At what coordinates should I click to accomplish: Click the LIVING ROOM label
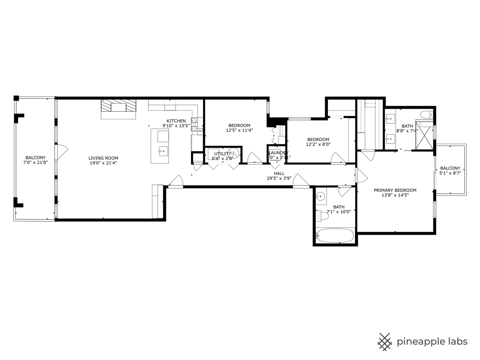pyautogui.click(x=103, y=158)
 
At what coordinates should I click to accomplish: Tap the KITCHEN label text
pyautogui.click(x=176, y=121)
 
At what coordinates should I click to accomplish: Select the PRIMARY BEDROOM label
pyautogui.click(x=395, y=190)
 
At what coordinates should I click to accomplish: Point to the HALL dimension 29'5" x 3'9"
pyautogui.click(x=279, y=178)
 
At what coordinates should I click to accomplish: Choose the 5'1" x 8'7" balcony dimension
pyautogui.click(x=450, y=173)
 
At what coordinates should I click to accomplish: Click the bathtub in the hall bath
pyautogui.click(x=335, y=236)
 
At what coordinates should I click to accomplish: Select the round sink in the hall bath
pyautogui.click(x=321, y=196)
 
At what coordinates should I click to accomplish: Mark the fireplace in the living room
pyautogui.click(x=119, y=108)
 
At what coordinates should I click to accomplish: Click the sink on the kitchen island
pyautogui.click(x=163, y=151)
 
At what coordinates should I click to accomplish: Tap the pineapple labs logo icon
pyautogui.click(x=385, y=342)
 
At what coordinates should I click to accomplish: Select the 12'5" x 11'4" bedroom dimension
pyautogui.click(x=239, y=130)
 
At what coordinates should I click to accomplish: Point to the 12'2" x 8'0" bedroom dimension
pyautogui.click(x=318, y=144)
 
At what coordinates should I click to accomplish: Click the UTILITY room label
pyautogui.click(x=222, y=154)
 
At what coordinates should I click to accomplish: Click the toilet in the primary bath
pyautogui.click(x=425, y=115)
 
